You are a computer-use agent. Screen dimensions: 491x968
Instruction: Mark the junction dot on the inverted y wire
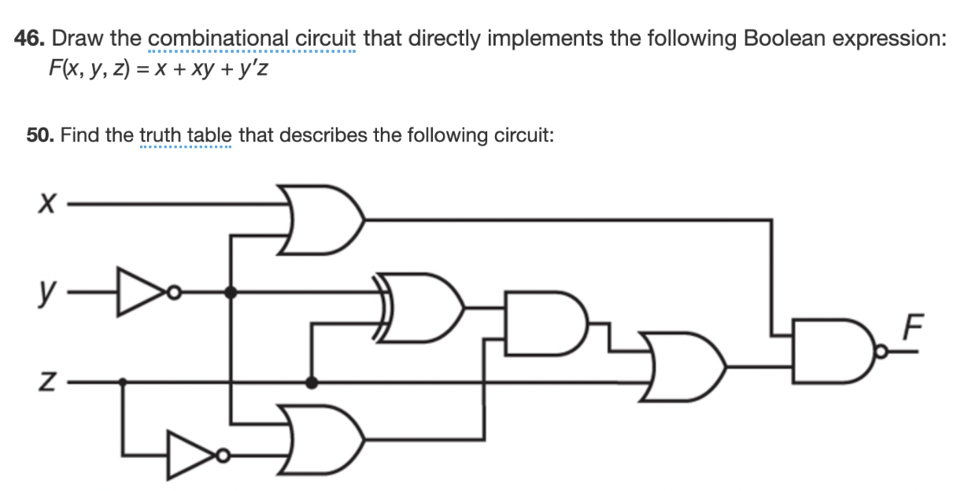[x=231, y=293]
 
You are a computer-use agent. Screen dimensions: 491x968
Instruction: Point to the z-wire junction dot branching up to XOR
[x=312, y=382]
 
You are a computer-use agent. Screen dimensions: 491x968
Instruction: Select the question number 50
[x=40, y=135]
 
